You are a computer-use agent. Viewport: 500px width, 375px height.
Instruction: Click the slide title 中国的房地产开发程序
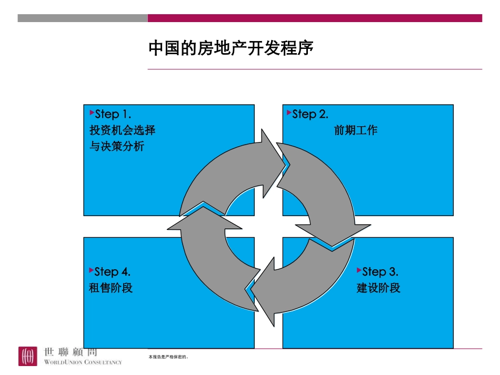pos(231,49)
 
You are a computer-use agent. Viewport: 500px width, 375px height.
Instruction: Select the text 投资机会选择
pos(122,130)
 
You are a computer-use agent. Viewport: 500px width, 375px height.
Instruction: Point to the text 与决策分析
pos(116,146)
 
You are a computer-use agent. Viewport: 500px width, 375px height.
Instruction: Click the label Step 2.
pos(310,114)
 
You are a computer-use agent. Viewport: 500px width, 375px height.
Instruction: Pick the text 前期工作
pos(356,130)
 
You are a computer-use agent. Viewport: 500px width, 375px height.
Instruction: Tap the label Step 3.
pos(380,272)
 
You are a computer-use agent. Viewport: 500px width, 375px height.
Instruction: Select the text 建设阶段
pos(378,288)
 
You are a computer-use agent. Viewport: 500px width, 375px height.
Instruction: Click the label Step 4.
pos(112,272)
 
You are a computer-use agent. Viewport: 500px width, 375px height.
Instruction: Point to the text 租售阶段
pos(111,288)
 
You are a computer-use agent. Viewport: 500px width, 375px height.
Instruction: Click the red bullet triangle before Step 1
pos(92,113)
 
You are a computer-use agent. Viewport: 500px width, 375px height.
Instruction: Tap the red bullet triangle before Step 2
pos(289,113)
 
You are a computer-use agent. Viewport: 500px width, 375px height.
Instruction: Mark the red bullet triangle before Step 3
pos(359,270)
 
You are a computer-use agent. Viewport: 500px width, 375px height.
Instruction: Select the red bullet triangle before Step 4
pos(92,270)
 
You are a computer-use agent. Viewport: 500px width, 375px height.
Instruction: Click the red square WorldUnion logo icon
pos(28,356)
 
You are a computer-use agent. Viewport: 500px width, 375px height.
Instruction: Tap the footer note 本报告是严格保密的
pos(168,357)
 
